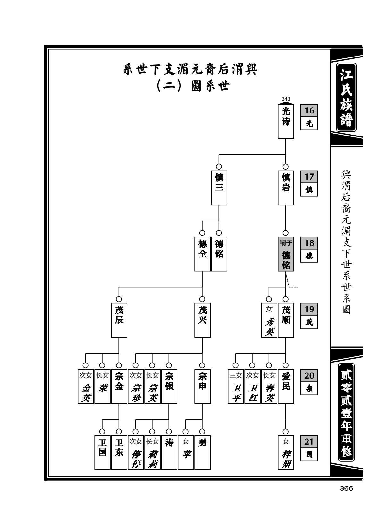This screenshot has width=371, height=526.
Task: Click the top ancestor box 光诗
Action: [x=286, y=121]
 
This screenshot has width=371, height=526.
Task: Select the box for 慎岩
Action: [x=286, y=188]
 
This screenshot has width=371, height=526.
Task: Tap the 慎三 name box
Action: [x=219, y=188]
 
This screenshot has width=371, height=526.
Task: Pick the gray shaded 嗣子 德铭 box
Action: [x=286, y=254]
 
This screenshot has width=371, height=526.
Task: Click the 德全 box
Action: [x=202, y=254]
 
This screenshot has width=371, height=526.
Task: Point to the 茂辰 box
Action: [x=119, y=320]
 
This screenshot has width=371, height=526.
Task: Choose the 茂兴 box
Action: [x=202, y=320]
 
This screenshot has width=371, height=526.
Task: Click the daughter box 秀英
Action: [x=269, y=320]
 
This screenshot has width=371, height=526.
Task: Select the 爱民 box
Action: [x=286, y=386]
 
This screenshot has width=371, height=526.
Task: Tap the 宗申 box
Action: [x=202, y=386]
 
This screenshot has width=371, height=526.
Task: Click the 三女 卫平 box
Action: [x=236, y=386]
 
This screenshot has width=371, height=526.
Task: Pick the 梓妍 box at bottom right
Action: [x=286, y=452]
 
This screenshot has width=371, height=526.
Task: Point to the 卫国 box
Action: [x=103, y=452]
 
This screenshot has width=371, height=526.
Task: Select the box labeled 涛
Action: [x=169, y=452]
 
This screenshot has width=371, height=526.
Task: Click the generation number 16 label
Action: [x=309, y=110]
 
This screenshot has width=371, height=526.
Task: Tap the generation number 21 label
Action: [x=309, y=442]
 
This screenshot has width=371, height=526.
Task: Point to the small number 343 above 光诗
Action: [x=286, y=99]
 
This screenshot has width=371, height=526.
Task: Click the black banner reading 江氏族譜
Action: [x=346, y=97]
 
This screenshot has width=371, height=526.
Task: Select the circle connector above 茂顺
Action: [x=286, y=299]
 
